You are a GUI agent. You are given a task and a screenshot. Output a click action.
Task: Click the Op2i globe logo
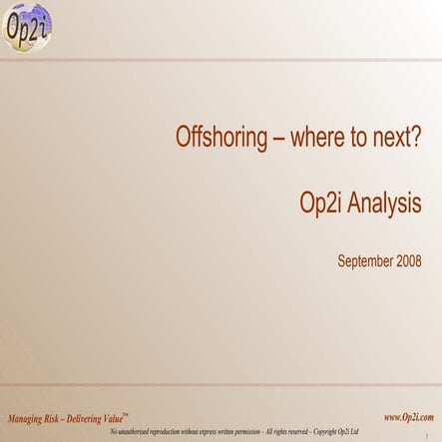coord(27,26)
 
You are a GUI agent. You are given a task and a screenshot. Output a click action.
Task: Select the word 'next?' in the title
coord(393,138)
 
